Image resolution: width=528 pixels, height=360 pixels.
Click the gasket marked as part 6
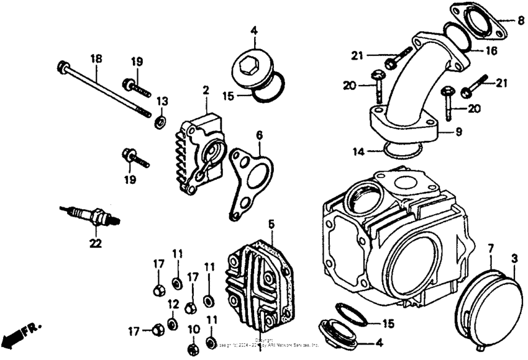point(248,176)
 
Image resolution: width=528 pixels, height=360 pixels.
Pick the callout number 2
point(204,91)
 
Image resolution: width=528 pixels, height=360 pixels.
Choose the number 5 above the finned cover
point(271,223)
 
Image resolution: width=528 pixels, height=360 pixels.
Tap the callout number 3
point(514,257)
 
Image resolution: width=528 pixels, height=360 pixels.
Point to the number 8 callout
point(521,20)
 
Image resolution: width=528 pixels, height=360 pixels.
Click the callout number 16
point(491,51)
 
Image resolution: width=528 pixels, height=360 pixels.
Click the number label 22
point(94,243)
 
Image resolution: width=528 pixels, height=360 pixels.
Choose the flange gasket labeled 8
point(477,23)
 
